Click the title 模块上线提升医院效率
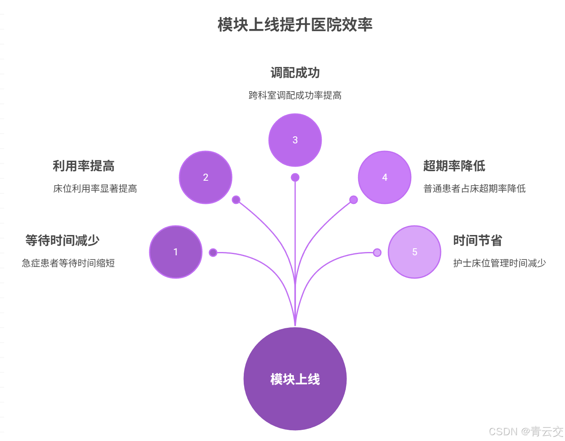pos(295,25)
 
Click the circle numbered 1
pos(176,252)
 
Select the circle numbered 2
pos(206,177)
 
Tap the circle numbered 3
pos(295,140)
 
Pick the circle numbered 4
pos(385,177)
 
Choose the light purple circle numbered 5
pos(415,252)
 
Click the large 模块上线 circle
pos(295,379)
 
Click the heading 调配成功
pos(295,73)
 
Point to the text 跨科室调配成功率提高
pos(295,95)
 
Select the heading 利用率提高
pos(83,166)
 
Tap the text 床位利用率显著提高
pos(95,189)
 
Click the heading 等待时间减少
pos(62,240)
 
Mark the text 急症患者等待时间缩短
pos(68,263)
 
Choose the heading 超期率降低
pos(454,166)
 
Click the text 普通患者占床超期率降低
pos(474,189)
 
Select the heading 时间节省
pos(478,240)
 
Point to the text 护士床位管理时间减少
pos(500,263)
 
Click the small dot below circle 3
pos(295,177)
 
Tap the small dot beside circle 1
pos(213,252)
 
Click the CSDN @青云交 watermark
pos(526,431)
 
